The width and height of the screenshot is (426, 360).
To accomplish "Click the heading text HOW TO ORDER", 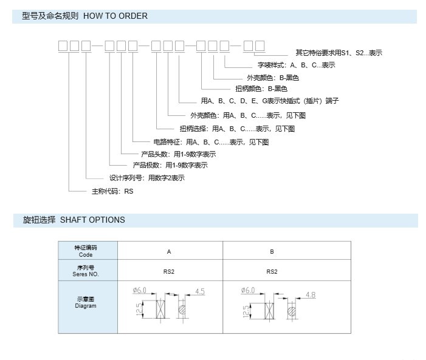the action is (115, 16).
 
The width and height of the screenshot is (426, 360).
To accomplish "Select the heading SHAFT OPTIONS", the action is (92, 220).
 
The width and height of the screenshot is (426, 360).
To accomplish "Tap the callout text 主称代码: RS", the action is (112, 191).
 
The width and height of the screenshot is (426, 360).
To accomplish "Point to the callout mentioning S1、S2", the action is (338, 53).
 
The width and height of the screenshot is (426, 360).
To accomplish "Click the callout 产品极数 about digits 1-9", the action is (170, 165).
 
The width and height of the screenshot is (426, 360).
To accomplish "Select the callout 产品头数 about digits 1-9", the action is (179, 154).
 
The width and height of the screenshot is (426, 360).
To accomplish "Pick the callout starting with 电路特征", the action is (211, 142).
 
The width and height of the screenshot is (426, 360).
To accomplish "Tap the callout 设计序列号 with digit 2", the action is (147, 178).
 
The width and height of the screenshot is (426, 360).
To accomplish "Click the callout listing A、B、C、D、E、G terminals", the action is (270, 101).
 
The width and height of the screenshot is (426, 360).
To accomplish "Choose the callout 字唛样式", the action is (297, 65).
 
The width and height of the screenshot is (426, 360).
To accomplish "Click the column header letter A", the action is (169, 252).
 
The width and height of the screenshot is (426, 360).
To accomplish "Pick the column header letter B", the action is (272, 252).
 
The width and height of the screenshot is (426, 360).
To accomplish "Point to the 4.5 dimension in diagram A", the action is (200, 291).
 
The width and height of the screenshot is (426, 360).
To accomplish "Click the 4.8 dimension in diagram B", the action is (311, 295).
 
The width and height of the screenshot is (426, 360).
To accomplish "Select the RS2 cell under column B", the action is (272, 272).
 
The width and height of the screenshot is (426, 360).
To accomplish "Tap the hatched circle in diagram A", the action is (182, 310).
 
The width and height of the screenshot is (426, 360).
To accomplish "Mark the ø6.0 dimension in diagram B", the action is (248, 290).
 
